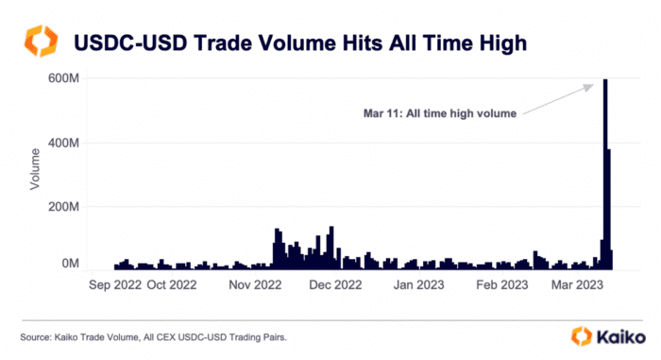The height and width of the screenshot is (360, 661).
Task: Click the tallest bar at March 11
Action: (x=604, y=175)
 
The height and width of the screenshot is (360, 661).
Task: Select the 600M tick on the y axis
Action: (x=62, y=79)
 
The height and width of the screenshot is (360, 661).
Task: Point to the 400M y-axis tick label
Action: (x=62, y=143)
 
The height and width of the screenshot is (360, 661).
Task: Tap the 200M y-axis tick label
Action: (x=62, y=206)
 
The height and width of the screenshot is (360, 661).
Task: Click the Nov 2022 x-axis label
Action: (x=256, y=283)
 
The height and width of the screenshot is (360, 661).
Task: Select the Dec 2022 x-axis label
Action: (x=336, y=283)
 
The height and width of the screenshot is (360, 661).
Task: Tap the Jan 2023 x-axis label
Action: (x=418, y=283)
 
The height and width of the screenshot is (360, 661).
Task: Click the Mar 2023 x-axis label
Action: (x=577, y=283)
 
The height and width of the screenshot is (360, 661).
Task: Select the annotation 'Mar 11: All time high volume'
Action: (x=439, y=113)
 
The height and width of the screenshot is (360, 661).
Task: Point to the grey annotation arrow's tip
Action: (x=594, y=83)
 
